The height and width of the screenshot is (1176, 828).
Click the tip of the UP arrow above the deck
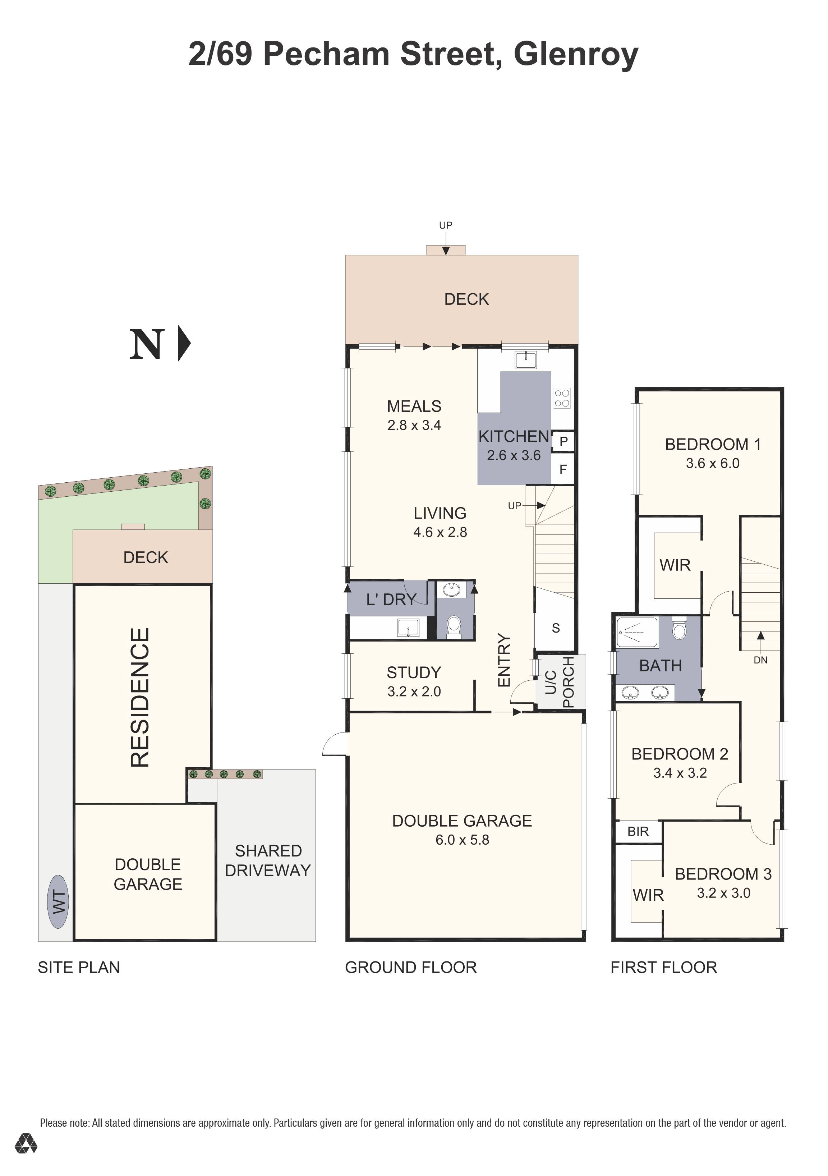click(x=446, y=254)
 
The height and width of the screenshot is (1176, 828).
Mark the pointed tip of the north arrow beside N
click(x=191, y=343)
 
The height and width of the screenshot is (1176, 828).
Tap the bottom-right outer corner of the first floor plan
click(x=784, y=941)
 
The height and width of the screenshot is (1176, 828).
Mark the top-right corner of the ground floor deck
click(x=578, y=255)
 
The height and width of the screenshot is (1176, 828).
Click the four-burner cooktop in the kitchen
click(x=562, y=398)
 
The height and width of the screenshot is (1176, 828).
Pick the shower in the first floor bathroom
click(x=637, y=632)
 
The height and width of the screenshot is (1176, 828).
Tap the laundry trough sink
click(x=408, y=628)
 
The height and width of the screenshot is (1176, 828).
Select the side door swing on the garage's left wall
click(x=335, y=744)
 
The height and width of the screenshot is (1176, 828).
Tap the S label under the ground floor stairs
click(x=556, y=628)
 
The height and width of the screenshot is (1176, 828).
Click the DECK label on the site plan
click(x=146, y=557)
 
